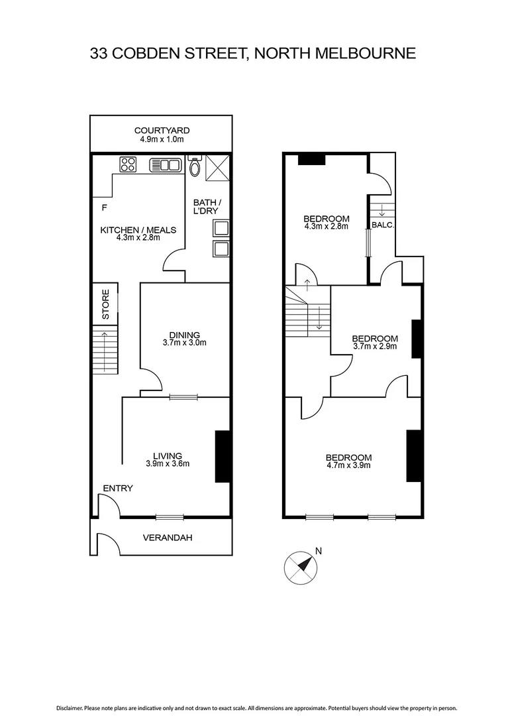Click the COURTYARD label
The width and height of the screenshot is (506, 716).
(x=162, y=131)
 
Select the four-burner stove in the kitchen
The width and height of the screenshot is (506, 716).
(x=128, y=164)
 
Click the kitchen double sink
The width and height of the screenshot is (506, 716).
(x=165, y=164)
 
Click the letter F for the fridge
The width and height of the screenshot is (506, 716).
(x=104, y=208)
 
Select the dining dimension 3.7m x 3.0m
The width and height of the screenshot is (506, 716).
(x=185, y=343)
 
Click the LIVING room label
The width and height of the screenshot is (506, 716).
(x=168, y=455)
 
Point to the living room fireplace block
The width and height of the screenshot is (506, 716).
(x=223, y=456)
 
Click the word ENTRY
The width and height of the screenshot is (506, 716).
(x=118, y=489)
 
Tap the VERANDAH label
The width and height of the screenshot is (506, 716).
(x=168, y=538)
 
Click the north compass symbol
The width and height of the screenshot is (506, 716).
(x=301, y=566)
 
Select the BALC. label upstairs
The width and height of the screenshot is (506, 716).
(x=383, y=225)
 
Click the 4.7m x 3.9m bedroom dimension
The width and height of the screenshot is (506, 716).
(x=348, y=465)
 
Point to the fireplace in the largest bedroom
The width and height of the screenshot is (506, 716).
(x=413, y=455)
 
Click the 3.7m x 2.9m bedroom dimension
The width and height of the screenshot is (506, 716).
(x=375, y=347)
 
